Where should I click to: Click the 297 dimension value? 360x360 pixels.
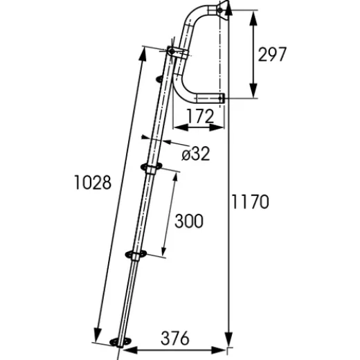pos(272,55)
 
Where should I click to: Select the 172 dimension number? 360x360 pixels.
pos(200,117)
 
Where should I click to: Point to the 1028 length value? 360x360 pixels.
pos(92,183)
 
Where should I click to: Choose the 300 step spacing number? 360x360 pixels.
pos(189,222)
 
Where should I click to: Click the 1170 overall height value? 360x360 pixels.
pos(249,202)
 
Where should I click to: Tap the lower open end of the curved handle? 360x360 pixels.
pos(220,99)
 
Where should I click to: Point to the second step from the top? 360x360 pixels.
pos(150,167)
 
